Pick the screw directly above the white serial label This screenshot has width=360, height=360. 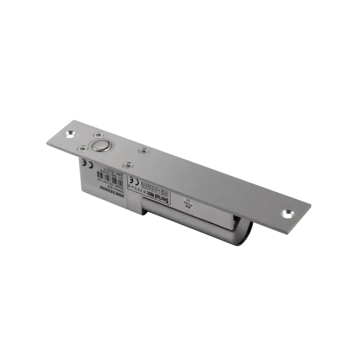pos(128,165)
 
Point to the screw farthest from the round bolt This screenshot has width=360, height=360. pos(142,151)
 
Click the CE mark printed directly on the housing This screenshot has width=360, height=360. pos(85,163)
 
